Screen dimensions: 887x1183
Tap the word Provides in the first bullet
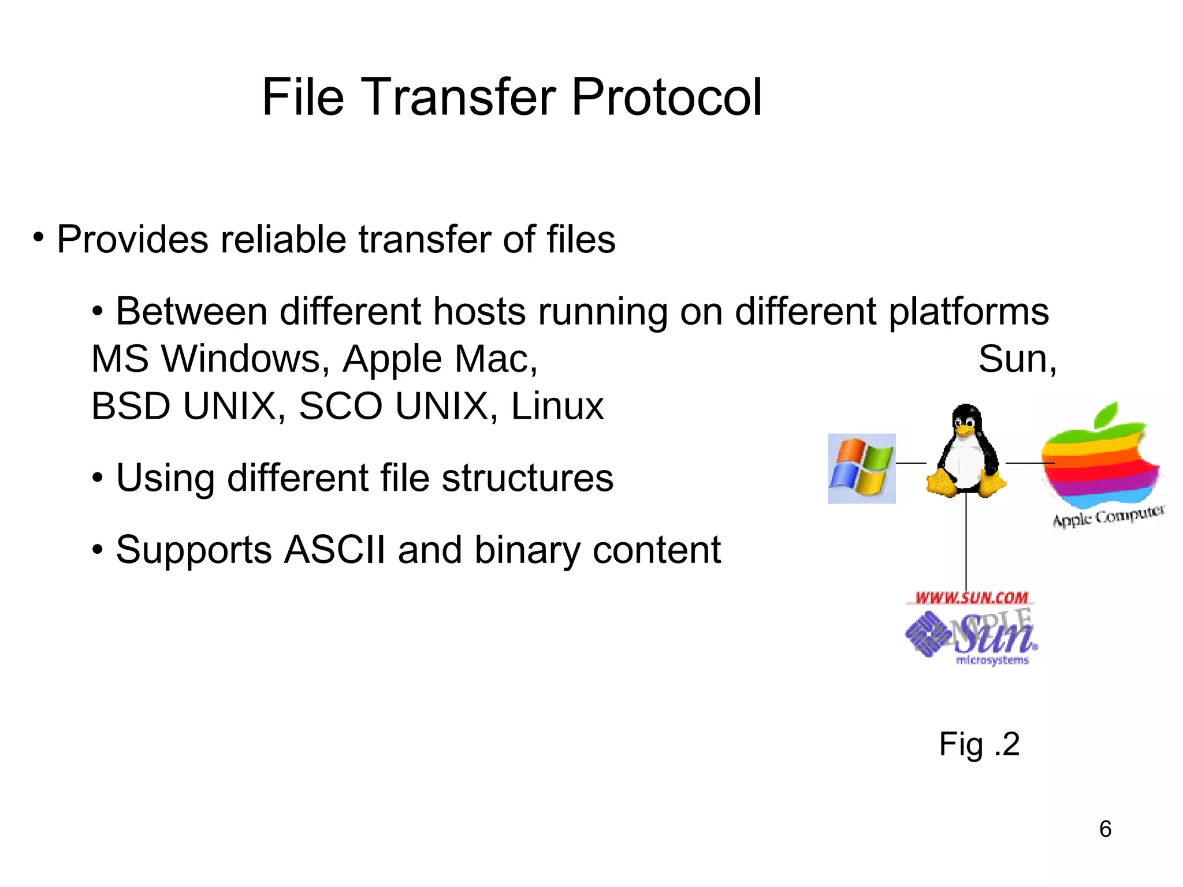tap(132, 240)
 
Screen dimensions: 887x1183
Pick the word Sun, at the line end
tap(1017, 359)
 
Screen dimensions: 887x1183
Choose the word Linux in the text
tap(557, 406)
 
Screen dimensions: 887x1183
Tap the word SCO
tap(340, 406)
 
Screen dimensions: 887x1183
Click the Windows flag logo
tap(861, 469)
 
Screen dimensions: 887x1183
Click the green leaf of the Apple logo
tap(1105, 415)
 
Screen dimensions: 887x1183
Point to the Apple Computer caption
tap(1108, 516)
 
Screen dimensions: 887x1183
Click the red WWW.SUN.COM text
tap(971, 598)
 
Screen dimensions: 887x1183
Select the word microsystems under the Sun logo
tap(992, 660)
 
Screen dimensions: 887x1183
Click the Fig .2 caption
tap(979, 744)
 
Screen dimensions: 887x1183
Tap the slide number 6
tap(1105, 829)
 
